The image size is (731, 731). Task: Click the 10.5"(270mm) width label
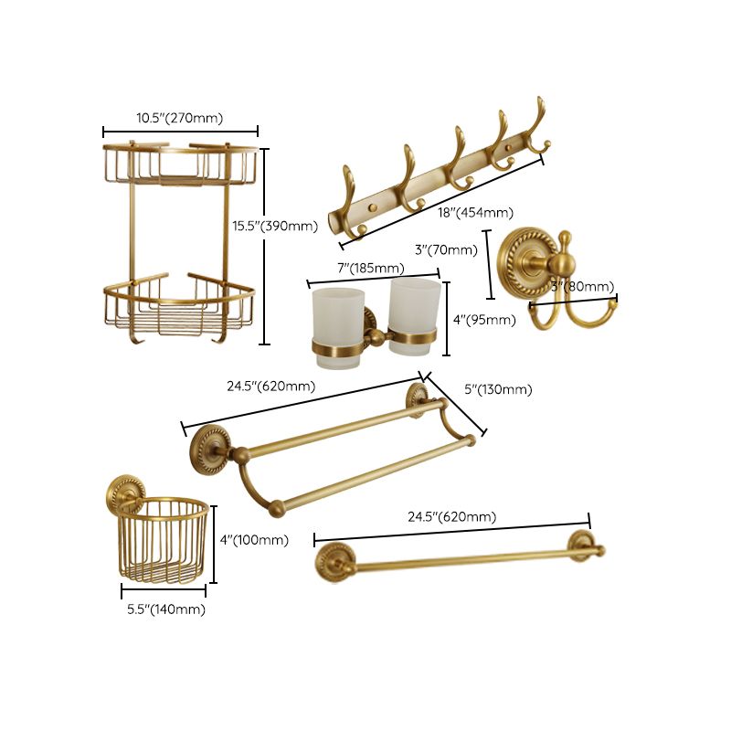coord(180,117)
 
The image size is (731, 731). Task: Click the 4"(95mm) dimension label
coord(484,320)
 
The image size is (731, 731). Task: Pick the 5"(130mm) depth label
coord(498,389)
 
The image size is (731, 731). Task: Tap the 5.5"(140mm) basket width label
coord(164,609)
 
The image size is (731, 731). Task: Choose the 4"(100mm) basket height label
coord(254,540)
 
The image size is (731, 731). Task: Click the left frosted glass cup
coord(337,320)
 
